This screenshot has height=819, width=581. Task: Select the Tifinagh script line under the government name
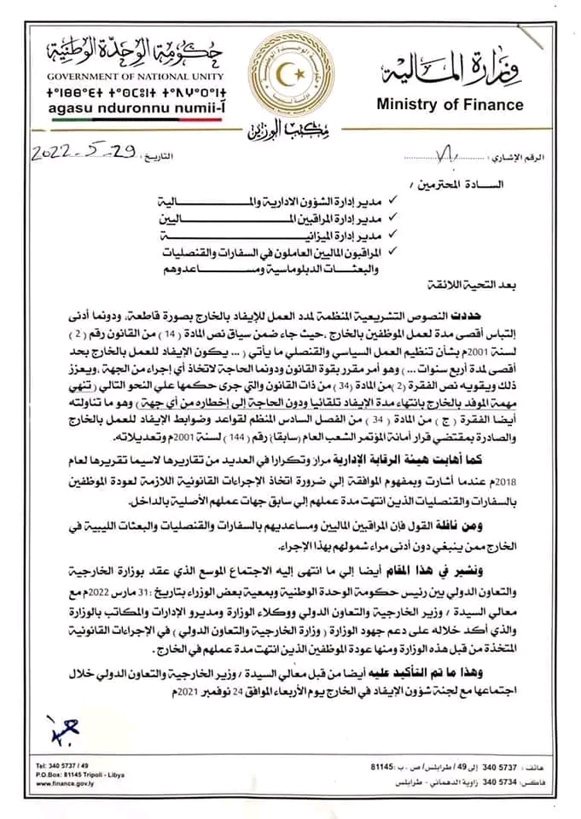point(102,91)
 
